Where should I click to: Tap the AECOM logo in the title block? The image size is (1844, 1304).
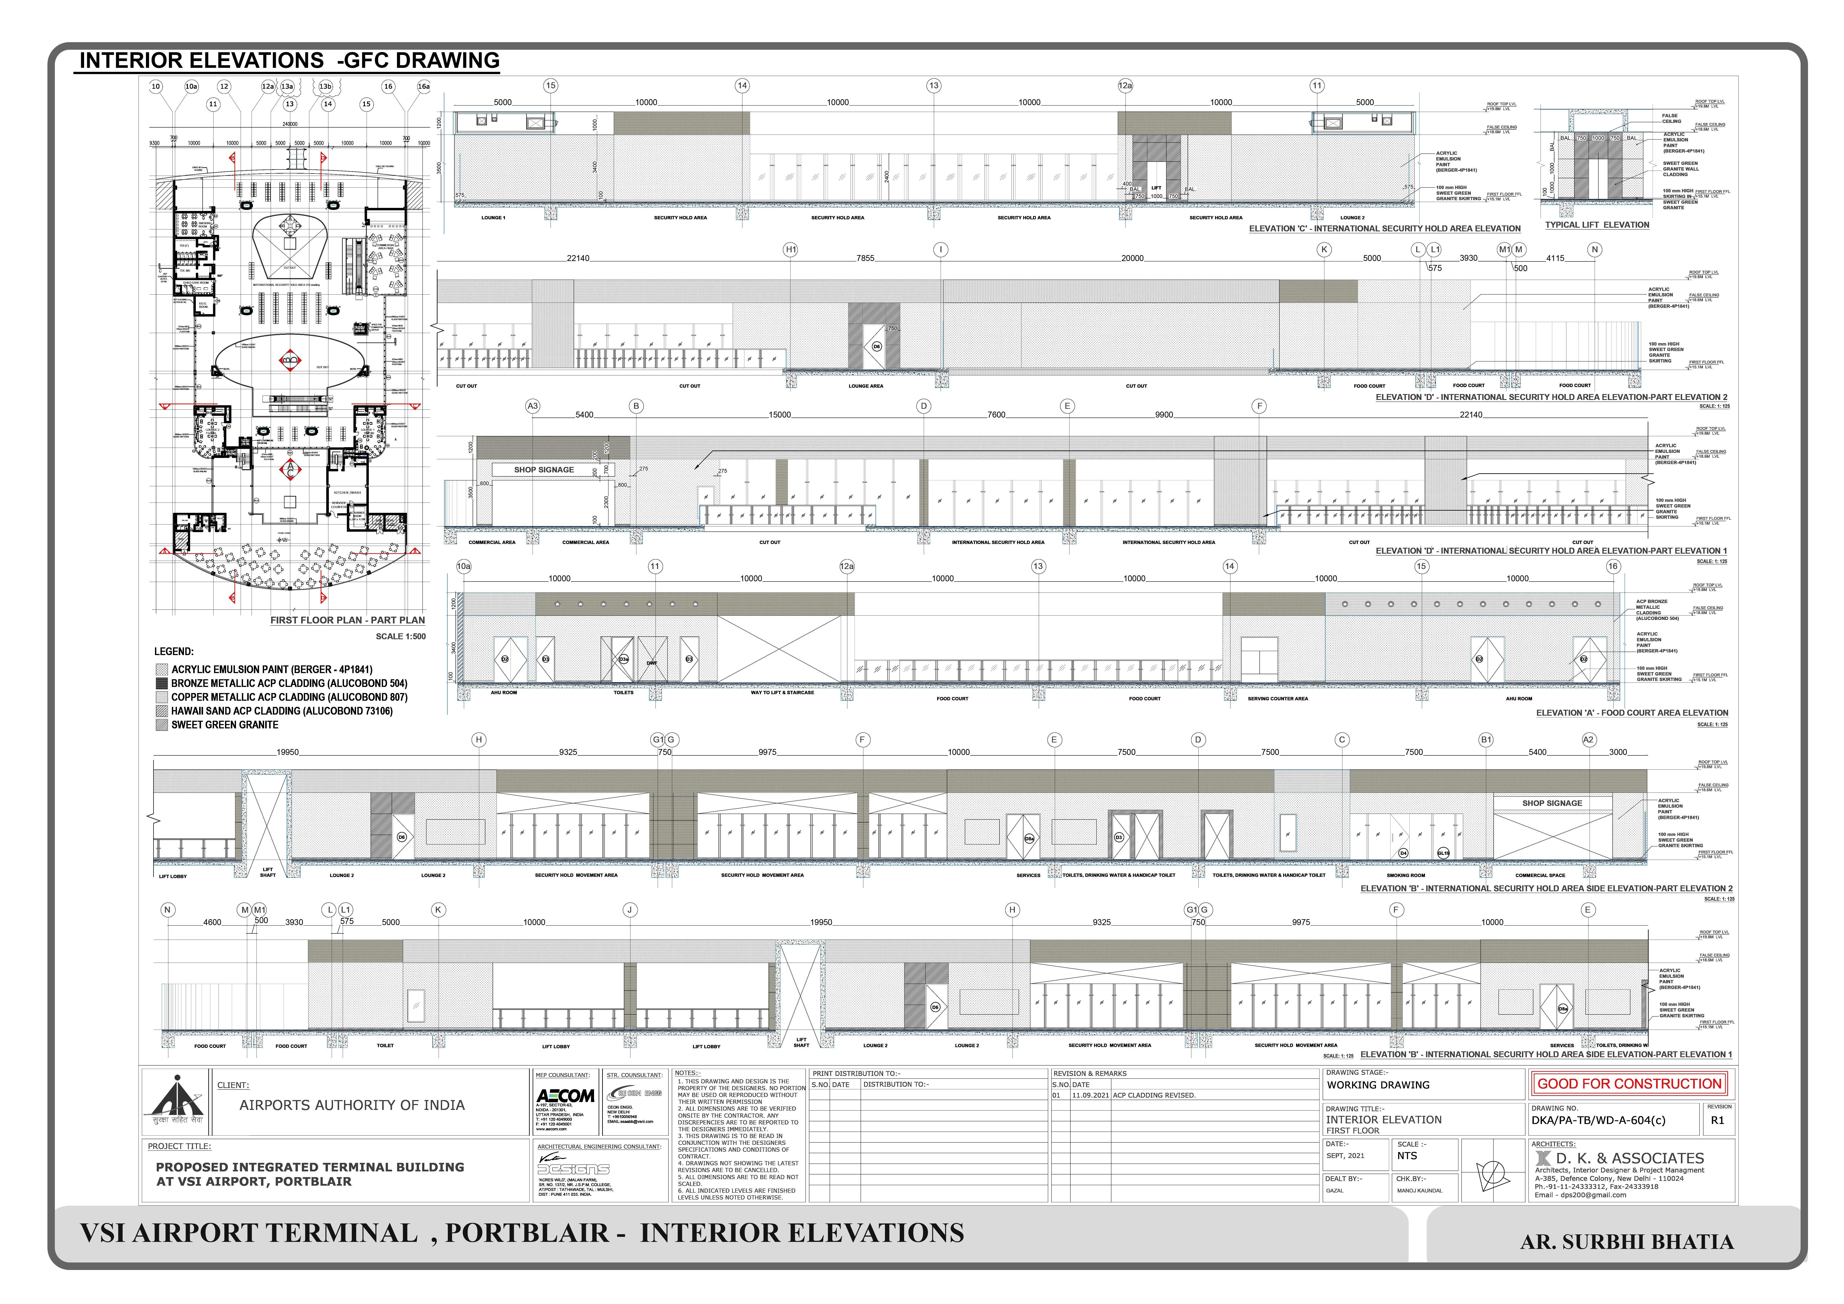tap(565, 1096)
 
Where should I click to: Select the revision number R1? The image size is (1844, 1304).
tap(1717, 1120)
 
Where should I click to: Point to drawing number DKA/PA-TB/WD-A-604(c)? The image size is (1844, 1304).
tap(1598, 1120)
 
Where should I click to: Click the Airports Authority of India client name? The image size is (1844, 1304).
tap(352, 1105)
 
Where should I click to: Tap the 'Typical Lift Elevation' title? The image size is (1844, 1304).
tap(1597, 225)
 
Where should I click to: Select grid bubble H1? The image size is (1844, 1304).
tap(791, 250)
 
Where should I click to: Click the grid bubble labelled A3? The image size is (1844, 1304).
tap(533, 406)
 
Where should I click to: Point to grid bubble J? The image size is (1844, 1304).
tap(630, 910)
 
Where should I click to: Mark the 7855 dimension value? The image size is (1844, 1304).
tap(865, 259)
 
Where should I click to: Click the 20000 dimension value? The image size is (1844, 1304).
tap(1133, 259)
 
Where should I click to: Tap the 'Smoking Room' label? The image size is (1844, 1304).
tap(1405, 875)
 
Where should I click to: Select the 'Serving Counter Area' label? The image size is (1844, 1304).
tap(1278, 699)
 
